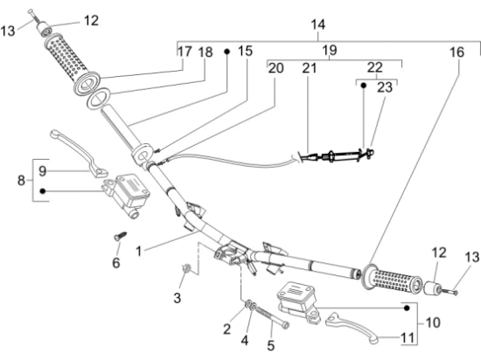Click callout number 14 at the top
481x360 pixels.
(x=317, y=24)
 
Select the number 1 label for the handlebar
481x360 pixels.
(x=139, y=252)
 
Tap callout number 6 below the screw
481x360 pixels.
(x=115, y=263)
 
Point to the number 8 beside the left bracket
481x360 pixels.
(x=21, y=180)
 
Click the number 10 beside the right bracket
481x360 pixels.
(x=433, y=322)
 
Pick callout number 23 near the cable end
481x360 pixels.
(x=385, y=87)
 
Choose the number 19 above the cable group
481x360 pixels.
(x=330, y=50)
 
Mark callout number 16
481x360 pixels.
(x=457, y=52)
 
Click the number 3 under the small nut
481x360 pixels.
(x=178, y=297)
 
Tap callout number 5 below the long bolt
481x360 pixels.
(x=270, y=345)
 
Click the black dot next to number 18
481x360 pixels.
(x=227, y=52)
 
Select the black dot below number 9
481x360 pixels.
(x=43, y=191)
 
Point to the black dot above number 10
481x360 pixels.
(x=407, y=308)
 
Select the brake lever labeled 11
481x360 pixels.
(x=352, y=327)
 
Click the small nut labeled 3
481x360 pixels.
(x=185, y=268)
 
